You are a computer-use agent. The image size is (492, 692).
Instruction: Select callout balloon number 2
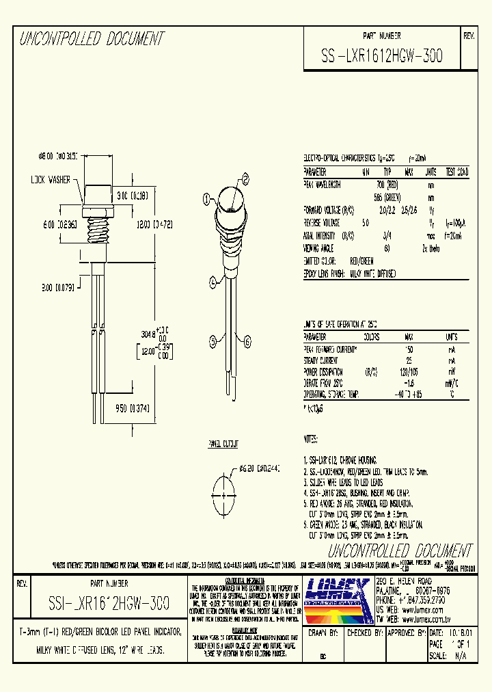pos(244,178)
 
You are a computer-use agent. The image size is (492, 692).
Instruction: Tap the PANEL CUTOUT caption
pos(223,444)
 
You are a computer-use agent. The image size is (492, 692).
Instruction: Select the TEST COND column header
pos(457,172)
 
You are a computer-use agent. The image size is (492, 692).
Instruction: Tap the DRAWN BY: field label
pos(325,633)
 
